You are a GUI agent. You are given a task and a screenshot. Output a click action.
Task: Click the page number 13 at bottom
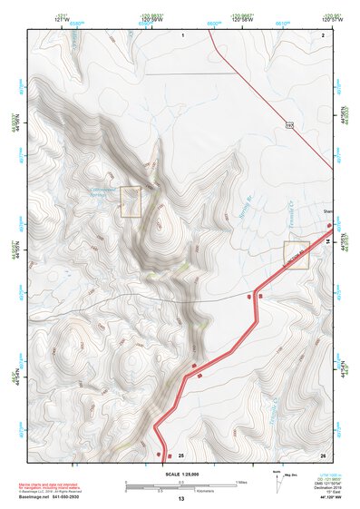point(180,499)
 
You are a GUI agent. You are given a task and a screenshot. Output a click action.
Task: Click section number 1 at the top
point(182,34)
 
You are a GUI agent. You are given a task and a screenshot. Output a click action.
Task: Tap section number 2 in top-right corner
point(323,34)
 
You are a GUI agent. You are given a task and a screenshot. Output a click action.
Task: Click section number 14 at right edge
point(327,242)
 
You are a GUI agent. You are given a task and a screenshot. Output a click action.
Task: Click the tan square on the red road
point(296,255)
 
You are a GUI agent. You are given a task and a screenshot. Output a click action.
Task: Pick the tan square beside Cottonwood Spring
point(131,201)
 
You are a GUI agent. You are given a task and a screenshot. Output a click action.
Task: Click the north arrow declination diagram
point(277,478)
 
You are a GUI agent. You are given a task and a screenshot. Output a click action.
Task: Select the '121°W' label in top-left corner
point(62,18)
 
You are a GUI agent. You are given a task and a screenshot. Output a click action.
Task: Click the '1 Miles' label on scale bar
point(242,482)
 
